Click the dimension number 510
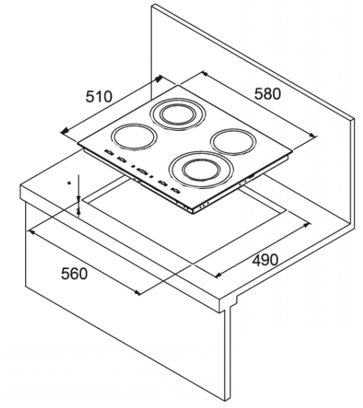99,96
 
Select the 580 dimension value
267,94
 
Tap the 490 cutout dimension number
265,260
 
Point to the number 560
74,273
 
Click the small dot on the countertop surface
69,183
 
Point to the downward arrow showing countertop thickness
79,188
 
